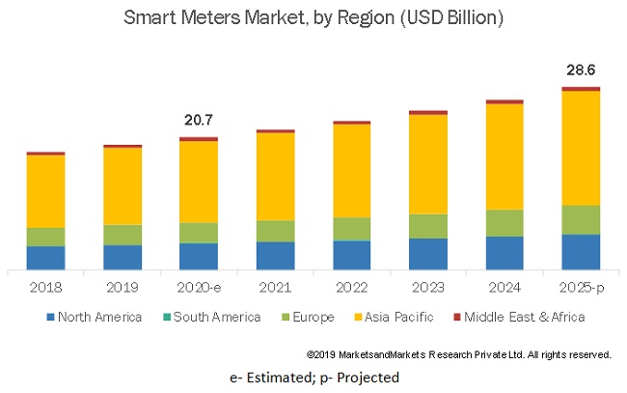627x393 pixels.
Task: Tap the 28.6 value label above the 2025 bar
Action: point(581,70)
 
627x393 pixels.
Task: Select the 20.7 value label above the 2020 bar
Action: point(198,120)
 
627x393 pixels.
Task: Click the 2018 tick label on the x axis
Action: point(45,287)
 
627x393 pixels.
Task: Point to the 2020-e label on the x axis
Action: point(198,287)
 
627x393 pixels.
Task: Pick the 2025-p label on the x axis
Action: point(581,287)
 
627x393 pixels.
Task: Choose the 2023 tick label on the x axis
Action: point(427,287)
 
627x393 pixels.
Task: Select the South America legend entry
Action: point(212,317)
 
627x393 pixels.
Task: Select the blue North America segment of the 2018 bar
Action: point(45,257)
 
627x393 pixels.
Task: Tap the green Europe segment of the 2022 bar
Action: point(351,228)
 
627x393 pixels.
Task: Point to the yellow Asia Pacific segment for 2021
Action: point(275,176)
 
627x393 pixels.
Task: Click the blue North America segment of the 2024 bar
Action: point(504,252)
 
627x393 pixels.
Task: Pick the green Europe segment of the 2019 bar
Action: point(122,234)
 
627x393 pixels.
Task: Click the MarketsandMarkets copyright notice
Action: point(458,354)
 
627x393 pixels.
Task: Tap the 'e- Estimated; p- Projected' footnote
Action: point(313,377)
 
